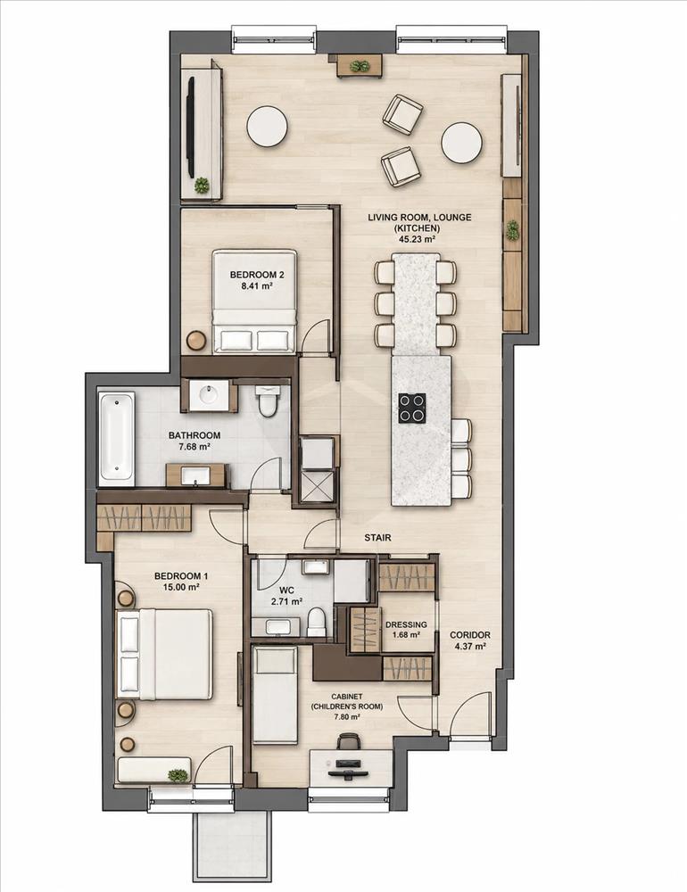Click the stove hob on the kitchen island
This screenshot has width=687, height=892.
tap(412, 408)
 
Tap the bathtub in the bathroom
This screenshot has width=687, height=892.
tap(117, 439)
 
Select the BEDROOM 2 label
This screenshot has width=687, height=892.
tap(257, 275)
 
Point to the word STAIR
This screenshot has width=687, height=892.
tap(378, 538)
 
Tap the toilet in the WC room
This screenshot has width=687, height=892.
tap(315, 623)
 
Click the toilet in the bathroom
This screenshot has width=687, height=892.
tap(267, 400)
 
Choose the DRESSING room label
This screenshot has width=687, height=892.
tap(406, 624)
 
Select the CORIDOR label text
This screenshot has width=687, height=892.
tap(470, 635)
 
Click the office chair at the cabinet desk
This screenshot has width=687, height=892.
tap(348, 741)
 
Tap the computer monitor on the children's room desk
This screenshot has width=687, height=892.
tap(347, 763)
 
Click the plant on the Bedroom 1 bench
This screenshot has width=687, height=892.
tap(178, 775)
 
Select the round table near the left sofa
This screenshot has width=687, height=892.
tap(268, 127)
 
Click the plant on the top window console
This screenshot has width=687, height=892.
tap(359, 66)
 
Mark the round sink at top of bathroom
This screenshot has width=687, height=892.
tap(208, 395)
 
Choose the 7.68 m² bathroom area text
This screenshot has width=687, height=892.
tap(195, 447)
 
